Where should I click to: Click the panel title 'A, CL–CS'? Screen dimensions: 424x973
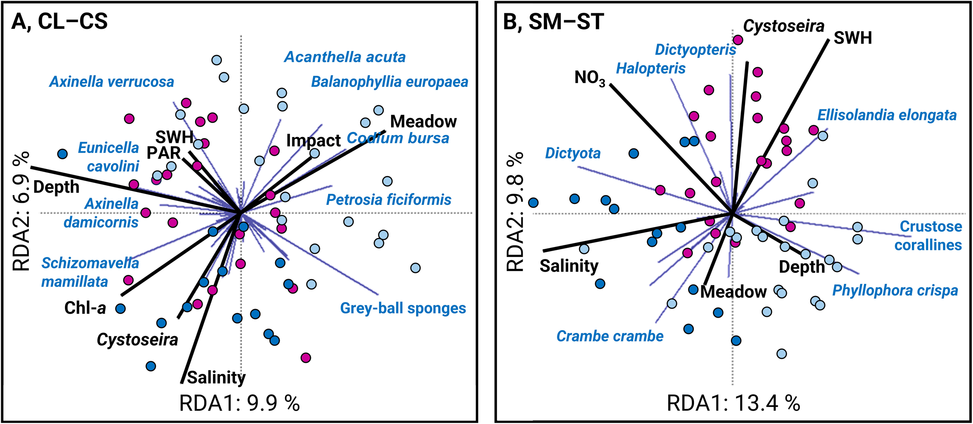tap(60, 21)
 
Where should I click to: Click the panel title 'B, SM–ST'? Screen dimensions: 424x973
tap(553, 22)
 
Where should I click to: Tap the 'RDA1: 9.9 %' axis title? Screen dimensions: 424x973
tap(239, 403)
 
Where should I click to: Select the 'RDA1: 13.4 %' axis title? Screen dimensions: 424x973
tap(733, 403)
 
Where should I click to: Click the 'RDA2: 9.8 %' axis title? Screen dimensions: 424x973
tap(515, 211)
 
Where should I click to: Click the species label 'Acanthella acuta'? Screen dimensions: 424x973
tap(345, 57)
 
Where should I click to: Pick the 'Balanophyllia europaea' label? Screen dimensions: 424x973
tap(390, 82)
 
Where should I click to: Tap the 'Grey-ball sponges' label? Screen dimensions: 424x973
tap(403, 308)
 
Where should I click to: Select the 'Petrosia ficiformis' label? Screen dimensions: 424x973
tap(388, 200)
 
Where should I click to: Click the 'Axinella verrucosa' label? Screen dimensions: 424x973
tap(112, 82)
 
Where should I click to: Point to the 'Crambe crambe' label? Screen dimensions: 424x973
tap(610, 336)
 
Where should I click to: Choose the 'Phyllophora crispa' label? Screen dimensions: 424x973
tap(895, 290)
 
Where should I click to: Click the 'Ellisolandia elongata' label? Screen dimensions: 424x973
tap(887, 115)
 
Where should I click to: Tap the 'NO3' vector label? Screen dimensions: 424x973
tap(590, 78)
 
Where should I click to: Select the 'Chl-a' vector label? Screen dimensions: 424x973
tap(85, 308)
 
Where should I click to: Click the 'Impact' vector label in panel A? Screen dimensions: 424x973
tap(313, 141)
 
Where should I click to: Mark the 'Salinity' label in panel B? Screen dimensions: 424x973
tap(569, 266)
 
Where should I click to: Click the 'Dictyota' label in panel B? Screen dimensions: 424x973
tap(573, 153)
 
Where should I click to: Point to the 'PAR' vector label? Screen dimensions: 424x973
tap(163, 153)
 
